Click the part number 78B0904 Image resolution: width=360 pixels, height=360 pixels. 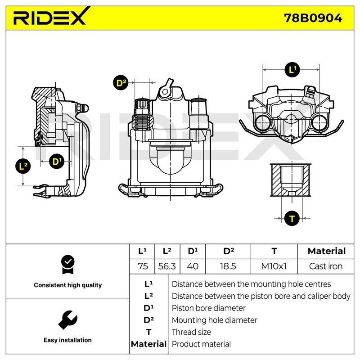tap(313, 18)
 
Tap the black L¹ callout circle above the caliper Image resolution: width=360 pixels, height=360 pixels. tap(292, 69)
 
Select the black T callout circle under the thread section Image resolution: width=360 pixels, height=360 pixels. tap(292, 218)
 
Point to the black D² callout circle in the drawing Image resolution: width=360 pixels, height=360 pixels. tap(121, 83)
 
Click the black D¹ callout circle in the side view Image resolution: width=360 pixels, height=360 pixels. tap(57, 161)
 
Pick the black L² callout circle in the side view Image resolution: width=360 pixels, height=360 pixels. tap(23, 166)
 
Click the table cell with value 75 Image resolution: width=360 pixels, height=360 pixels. tap(143, 266)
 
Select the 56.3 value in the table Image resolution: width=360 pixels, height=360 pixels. tap(167, 266)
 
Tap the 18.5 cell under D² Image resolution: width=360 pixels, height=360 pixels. tap(228, 266)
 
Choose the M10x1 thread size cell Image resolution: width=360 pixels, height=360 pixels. tap(274, 266)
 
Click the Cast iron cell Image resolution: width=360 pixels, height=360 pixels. tap(325, 266)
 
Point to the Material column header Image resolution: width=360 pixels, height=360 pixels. tap(327, 251)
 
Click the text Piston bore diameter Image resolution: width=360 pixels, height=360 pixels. tap(208, 308)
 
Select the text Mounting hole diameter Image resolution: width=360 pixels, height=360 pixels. tap(214, 320)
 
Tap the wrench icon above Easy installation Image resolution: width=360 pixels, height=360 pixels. tap(67, 320)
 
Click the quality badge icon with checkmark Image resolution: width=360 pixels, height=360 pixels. tap(68, 265)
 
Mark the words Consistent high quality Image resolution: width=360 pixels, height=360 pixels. tap(68, 285)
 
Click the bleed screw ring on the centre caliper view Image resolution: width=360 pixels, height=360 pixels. tap(165, 92)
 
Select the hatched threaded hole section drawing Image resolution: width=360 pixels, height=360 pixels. tap(291, 180)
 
